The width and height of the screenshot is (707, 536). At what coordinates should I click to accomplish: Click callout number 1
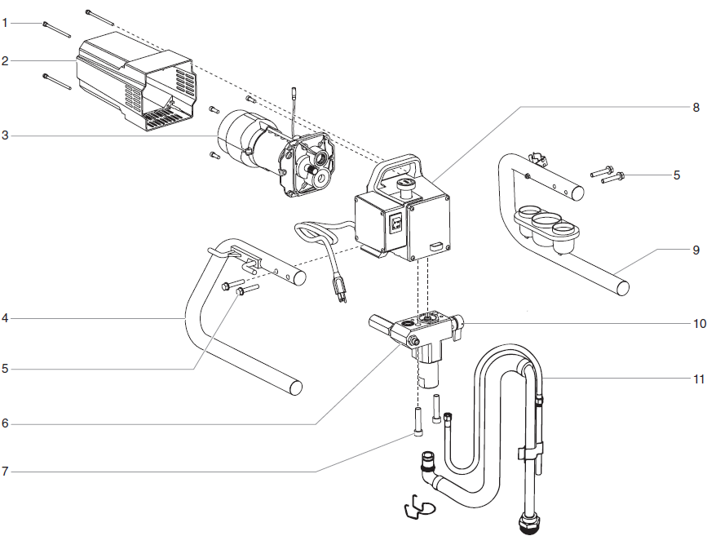coord(5,24)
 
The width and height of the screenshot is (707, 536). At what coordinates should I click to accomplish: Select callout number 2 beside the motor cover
coord(5,61)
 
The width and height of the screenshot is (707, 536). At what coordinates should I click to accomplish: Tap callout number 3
coord(5,135)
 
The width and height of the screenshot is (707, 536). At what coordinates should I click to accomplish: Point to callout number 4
coord(5,318)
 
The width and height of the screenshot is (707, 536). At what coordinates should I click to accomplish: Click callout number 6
coord(5,424)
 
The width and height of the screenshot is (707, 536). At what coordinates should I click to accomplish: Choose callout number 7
coord(5,471)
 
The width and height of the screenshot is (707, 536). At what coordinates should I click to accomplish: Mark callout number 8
coord(696,107)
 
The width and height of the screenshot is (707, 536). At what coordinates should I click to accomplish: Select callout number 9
coord(696,250)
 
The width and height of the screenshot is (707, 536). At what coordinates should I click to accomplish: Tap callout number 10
coord(698,323)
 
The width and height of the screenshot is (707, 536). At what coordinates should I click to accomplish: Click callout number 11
coord(698,379)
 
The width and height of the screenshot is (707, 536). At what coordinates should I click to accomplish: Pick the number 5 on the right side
coord(676,175)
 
